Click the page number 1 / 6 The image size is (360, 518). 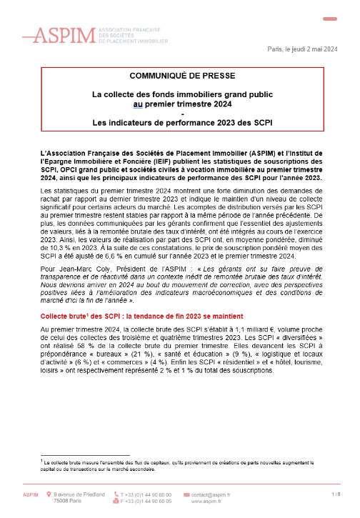(336, 494)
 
